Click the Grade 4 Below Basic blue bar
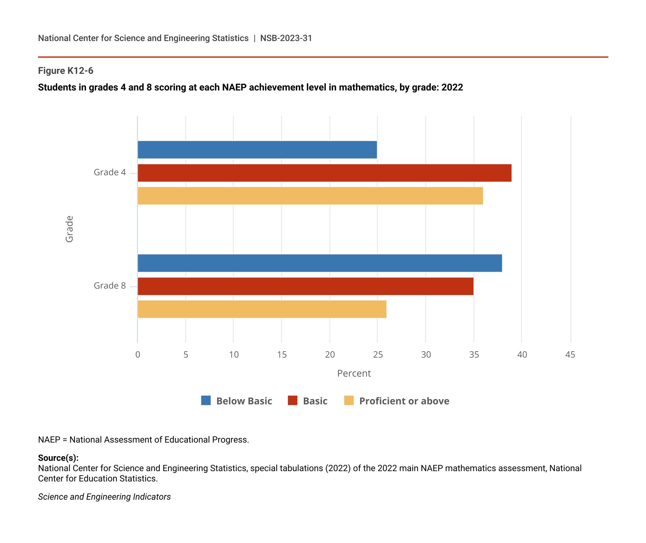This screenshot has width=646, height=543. (x=257, y=150)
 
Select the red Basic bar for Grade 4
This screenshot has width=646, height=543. (x=324, y=173)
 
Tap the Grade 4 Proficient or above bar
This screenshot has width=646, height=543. (x=310, y=196)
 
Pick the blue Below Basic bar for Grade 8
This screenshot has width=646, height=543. (x=319, y=263)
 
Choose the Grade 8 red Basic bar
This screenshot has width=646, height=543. (x=305, y=286)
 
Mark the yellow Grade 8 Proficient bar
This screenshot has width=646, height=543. (x=262, y=309)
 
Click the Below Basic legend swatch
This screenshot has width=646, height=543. (x=206, y=401)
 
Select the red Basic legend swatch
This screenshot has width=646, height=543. (x=292, y=401)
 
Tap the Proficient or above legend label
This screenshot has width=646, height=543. (x=404, y=401)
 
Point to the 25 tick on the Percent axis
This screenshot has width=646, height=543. (x=378, y=355)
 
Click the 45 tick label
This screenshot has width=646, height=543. (x=570, y=355)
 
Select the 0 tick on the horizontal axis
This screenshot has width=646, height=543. (x=138, y=355)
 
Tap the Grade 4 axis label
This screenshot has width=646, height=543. (x=110, y=172)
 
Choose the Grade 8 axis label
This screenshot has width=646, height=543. (x=110, y=286)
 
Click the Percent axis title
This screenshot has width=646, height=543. (x=354, y=373)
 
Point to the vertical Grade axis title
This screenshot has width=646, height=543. (x=69, y=229)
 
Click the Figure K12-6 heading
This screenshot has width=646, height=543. (x=65, y=71)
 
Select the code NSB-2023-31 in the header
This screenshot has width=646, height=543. (x=286, y=38)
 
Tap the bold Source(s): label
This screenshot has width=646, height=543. (x=58, y=458)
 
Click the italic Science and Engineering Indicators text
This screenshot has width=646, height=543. (x=104, y=497)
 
